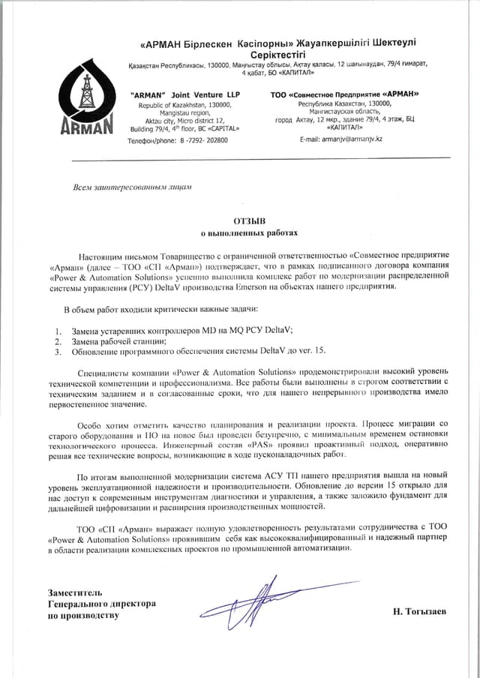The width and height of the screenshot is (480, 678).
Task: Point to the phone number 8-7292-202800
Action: coord(199,140)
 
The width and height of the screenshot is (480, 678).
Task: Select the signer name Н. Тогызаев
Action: coord(419,611)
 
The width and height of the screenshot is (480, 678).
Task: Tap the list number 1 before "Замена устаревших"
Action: coord(58,330)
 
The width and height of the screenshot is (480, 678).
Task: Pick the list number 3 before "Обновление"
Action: coord(58,351)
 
